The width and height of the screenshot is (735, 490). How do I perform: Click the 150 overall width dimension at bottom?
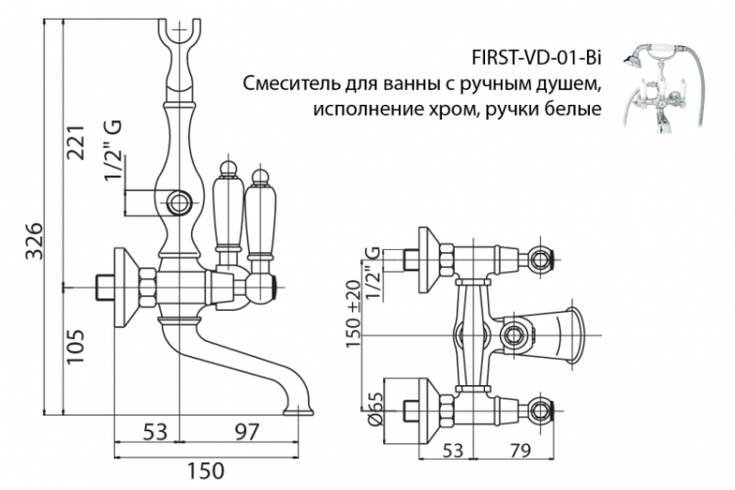pos(206,472)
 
